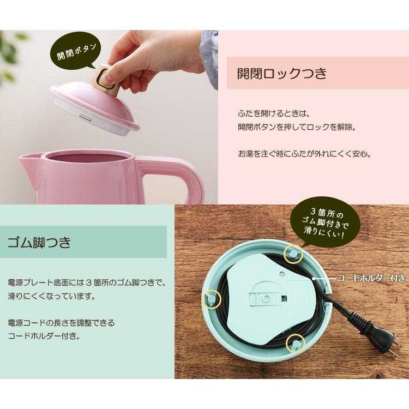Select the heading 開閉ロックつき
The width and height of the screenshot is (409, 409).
(282, 73)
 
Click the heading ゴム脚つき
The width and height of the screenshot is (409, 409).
(39, 242)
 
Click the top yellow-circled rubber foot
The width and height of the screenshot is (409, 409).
(293, 254)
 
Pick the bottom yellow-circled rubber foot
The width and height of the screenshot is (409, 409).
(296, 344)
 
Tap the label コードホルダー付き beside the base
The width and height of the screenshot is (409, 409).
(371, 278)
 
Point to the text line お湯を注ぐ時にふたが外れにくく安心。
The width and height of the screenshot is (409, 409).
(304, 154)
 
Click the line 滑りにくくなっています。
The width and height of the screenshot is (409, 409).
(51, 297)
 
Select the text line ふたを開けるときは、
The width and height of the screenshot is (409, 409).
(274, 114)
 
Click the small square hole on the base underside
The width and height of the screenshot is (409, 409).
(284, 298)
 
